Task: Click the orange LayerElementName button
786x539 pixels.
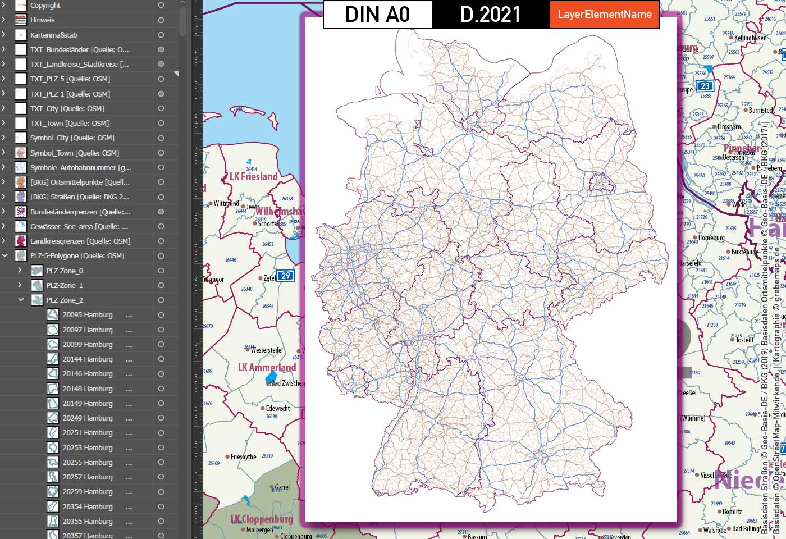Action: coord(605,15)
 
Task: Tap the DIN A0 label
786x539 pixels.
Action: coord(377,15)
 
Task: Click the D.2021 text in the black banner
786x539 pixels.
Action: coord(491,15)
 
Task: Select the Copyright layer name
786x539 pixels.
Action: coord(45,6)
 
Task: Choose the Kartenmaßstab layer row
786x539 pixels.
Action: coord(54,35)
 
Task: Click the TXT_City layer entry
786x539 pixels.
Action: coord(67,108)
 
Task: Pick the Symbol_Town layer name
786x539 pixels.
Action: coord(74,153)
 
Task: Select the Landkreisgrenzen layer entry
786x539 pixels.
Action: coord(80,241)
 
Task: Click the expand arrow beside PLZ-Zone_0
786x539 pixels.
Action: coord(20,271)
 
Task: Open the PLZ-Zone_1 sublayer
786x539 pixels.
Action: coord(65,285)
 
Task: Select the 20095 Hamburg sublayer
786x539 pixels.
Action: coord(88,315)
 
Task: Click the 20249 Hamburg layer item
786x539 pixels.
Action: coord(88,418)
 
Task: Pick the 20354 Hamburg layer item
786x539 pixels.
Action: coord(88,506)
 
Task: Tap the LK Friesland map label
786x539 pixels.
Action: coord(254,177)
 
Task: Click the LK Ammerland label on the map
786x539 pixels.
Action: coord(267,368)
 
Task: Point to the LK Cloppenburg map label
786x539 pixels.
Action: coord(262,519)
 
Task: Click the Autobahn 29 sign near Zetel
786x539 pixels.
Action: coord(286,276)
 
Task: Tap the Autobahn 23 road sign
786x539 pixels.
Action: coord(705,86)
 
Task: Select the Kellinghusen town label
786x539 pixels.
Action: coord(750,38)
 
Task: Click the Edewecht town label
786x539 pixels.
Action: coord(278,409)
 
